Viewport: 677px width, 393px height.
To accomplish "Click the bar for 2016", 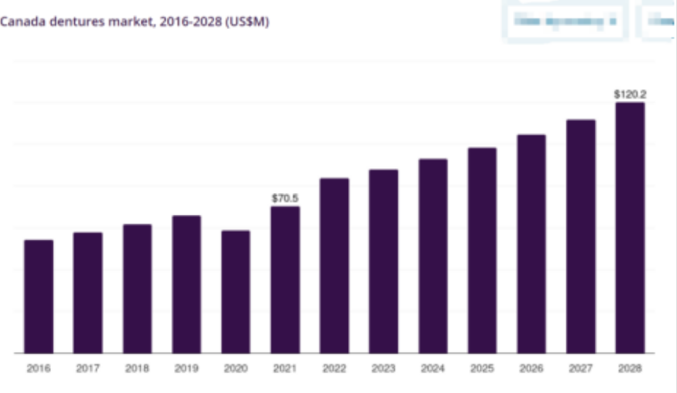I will (38, 296).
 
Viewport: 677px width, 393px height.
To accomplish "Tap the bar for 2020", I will (236, 291).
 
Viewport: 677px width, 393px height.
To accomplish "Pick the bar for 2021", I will (285, 279).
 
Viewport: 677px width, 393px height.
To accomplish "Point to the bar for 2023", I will (383, 261).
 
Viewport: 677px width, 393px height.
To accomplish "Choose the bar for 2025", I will (482, 250).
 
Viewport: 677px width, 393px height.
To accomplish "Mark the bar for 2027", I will (581, 236).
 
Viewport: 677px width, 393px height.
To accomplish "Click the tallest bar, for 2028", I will (630, 228).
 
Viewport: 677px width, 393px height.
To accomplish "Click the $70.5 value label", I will (285, 199).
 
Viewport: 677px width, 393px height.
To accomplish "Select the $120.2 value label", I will (630, 94).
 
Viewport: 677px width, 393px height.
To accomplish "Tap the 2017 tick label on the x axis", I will (88, 368).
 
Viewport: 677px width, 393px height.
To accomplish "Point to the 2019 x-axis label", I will (186, 368).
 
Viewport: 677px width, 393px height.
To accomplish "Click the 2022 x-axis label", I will (334, 368).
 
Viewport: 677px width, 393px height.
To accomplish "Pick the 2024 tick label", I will (433, 368).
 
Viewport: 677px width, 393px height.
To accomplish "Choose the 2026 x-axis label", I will (531, 368).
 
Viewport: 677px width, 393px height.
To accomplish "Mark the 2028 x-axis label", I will (630, 368).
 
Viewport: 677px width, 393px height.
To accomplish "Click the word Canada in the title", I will (17, 22).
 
